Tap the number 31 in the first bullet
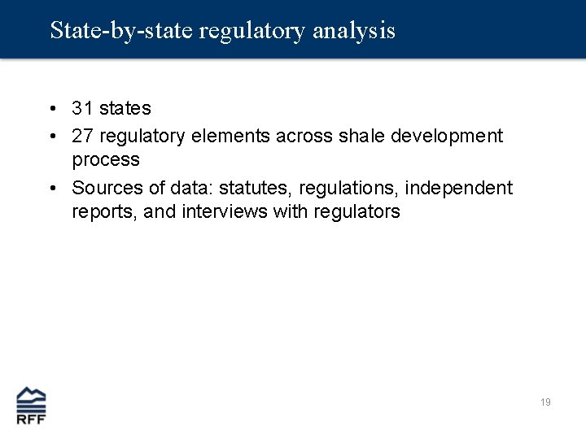(83, 107)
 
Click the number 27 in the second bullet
(83, 136)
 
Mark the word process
(106, 160)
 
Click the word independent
(460, 188)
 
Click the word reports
(103, 212)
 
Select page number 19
(545, 402)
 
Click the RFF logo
(32, 404)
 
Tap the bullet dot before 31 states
(51, 108)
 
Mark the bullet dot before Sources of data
(51, 189)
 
